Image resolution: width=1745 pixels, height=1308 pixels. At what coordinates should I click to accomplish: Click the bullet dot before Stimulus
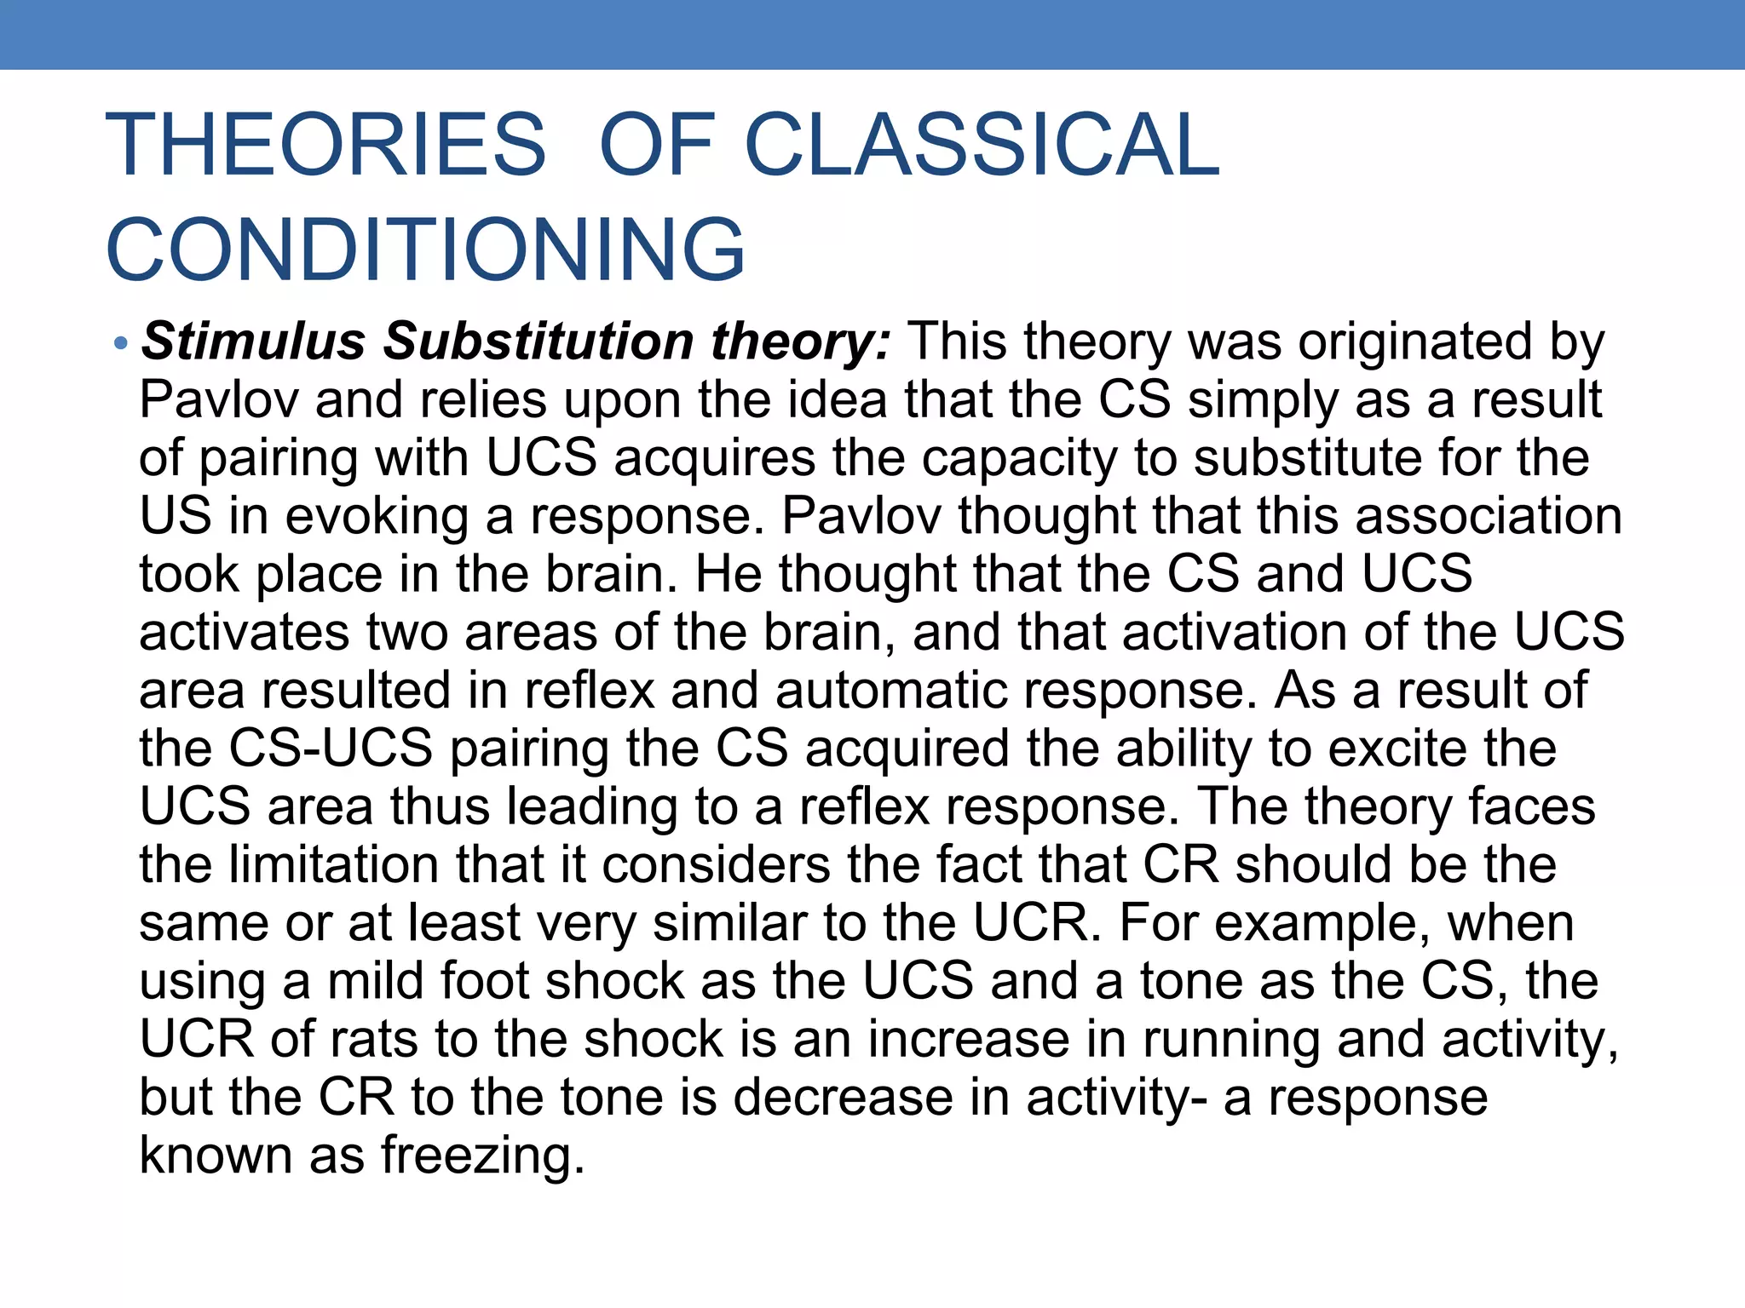[121, 344]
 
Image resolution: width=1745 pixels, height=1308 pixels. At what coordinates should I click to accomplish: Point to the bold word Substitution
[539, 341]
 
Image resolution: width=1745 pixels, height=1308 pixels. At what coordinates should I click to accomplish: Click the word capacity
[1018, 458]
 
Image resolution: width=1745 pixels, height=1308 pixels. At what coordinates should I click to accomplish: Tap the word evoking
[377, 516]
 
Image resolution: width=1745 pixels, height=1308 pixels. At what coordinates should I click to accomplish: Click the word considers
[716, 864]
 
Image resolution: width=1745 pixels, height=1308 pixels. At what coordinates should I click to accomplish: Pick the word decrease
[843, 1097]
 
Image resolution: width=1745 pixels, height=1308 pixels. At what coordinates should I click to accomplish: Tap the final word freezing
[482, 1156]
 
